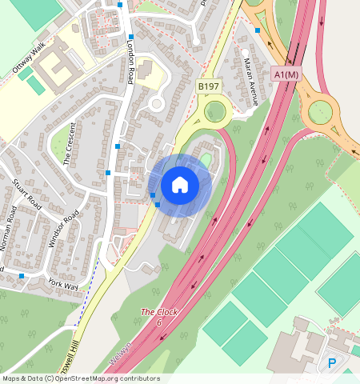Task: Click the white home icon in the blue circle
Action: click(x=180, y=185)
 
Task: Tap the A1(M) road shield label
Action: click(x=285, y=74)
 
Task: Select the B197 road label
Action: click(x=208, y=86)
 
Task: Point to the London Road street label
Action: click(x=129, y=63)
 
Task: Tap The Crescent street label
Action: click(x=70, y=143)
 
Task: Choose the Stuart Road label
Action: click(x=26, y=194)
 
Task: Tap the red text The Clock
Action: click(x=158, y=312)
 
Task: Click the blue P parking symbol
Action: click(x=332, y=364)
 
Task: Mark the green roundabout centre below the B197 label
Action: click(x=214, y=111)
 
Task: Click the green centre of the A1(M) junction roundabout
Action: click(x=320, y=112)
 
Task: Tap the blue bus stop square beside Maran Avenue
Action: click(x=258, y=30)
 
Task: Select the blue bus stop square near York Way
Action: click(x=22, y=276)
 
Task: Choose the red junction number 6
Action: click(x=159, y=322)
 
